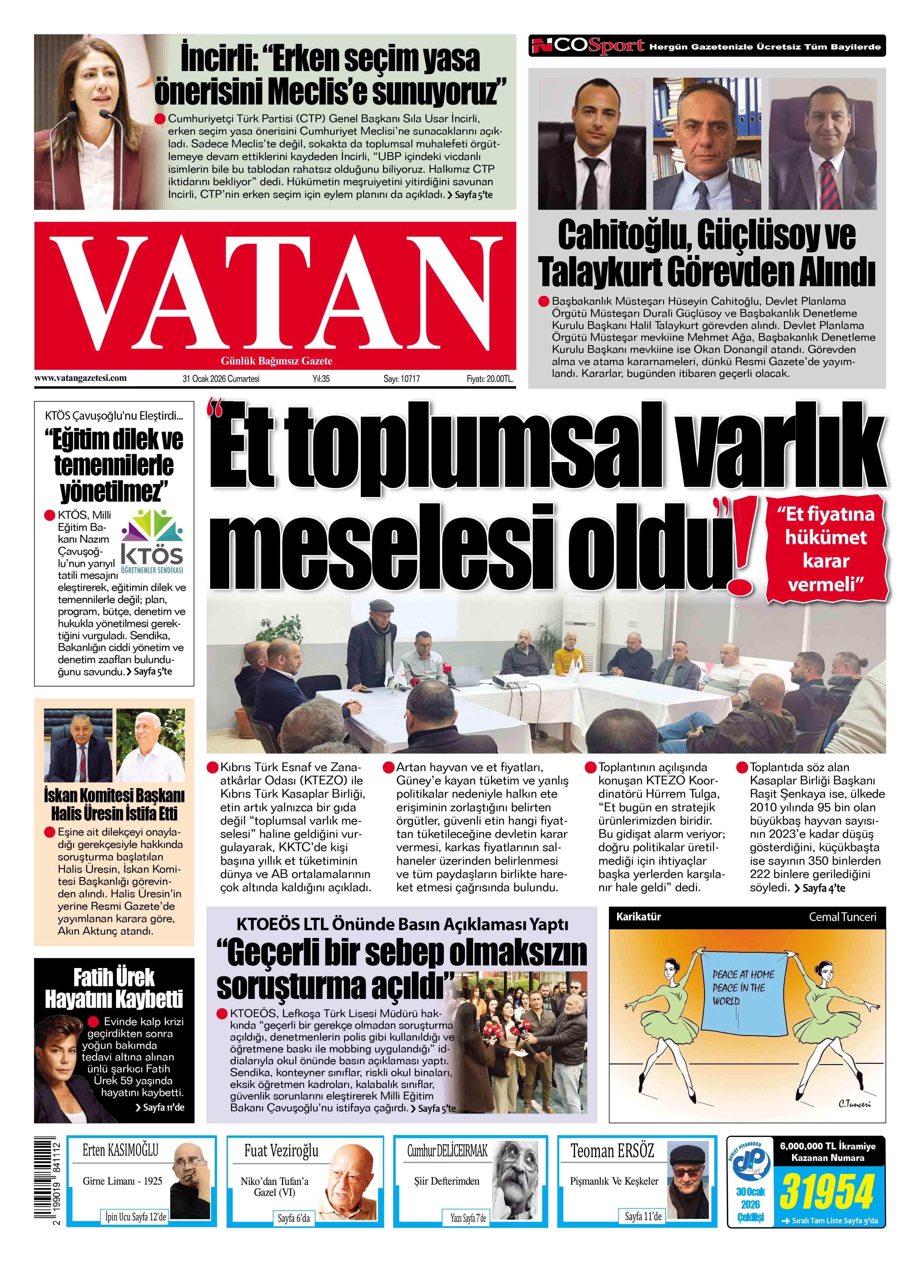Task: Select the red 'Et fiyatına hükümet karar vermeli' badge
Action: (826, 549)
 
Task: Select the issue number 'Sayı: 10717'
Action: (401, 379)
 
